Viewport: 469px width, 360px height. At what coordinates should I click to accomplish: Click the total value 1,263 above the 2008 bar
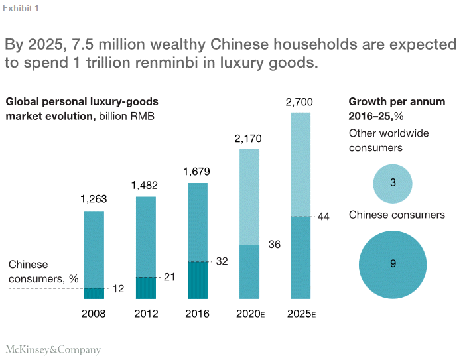click(x=94, y=198)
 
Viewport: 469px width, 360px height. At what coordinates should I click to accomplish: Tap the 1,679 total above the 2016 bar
click(x=198, y=171)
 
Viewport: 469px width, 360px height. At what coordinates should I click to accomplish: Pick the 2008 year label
click(x=94, y=314)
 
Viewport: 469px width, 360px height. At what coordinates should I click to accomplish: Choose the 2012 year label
click(x=146, y=314)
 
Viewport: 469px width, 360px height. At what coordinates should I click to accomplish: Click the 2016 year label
click(x=198, y=314)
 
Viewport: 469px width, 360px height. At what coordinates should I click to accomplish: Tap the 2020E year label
click(x=251, y=314)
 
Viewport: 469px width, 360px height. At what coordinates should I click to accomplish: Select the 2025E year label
click(x=301, y=314)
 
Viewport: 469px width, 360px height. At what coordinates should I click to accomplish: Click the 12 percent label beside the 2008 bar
click(x=119, y=289)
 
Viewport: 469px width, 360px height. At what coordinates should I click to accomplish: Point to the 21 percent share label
click(x=169, y=277)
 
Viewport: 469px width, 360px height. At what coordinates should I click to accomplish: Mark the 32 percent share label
click(x=222, y=261)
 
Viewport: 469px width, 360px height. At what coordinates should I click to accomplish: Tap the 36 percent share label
click(x=274, y=244)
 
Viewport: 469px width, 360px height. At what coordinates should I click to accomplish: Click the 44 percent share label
click(x=324, y=217)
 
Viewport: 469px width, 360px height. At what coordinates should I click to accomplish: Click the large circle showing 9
click(x=393, y=264)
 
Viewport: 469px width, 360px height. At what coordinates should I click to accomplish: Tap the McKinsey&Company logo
click(x=53, y=349)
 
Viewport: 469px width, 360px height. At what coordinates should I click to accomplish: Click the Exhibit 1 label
click(x=21, y=8)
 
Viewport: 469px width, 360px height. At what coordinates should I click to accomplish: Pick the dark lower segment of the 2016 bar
click(x=198, y=280)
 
